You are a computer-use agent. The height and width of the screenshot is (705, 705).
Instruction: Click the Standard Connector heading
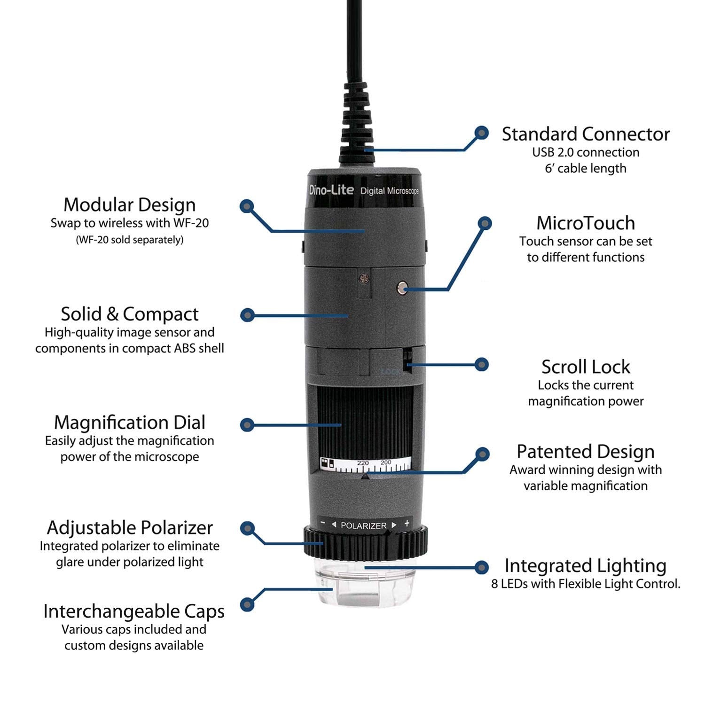click(586, 134)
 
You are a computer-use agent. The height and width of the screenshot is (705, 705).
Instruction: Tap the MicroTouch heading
click(586, 223)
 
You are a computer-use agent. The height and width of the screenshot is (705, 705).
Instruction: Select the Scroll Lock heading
click(586, 367)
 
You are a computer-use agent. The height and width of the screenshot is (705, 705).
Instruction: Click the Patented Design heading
click(586, 451)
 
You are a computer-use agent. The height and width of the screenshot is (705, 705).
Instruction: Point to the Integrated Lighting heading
click(586, 565)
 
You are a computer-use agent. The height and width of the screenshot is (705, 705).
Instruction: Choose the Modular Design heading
click(130, 205)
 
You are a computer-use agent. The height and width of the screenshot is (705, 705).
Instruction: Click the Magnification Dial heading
click(130, 422)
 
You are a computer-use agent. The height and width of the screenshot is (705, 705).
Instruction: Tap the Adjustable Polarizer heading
click(130, 527)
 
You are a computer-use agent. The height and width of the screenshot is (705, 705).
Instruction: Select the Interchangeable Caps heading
click(134, 611)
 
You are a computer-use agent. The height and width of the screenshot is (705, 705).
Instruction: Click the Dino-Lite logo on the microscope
click(331, 190)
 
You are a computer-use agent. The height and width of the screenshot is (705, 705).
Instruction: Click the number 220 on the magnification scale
click(363, 463)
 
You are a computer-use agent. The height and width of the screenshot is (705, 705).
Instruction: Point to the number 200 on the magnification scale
click(386, 462)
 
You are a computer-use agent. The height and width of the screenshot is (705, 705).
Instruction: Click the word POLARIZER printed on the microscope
click(363, 525)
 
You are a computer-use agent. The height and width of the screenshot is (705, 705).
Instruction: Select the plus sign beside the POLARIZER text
click(407, 524)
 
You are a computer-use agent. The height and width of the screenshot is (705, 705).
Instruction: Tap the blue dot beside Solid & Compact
click(247, 315)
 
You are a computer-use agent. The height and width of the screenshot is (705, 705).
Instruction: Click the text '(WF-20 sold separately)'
click(130, 240)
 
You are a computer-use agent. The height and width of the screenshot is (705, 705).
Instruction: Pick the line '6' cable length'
click(586, 168)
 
